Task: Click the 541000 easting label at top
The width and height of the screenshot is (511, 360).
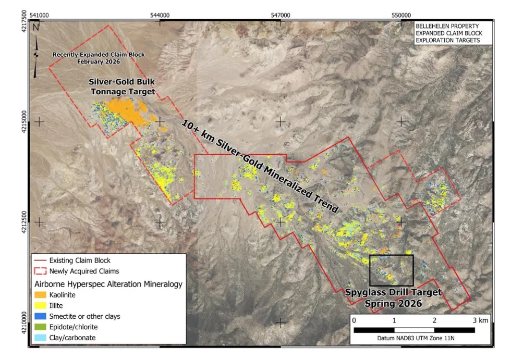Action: pos(40,15)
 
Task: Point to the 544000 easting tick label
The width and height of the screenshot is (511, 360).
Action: pos(160,15)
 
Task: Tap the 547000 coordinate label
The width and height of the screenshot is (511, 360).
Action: pos(280,15)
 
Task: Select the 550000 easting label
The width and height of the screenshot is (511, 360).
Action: pos(400,15)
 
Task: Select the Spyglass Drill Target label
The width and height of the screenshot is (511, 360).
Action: pos(393,297)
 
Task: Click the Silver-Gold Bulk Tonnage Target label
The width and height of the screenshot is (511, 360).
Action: pos(122,87)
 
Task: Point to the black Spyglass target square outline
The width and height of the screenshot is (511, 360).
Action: pos(391,256)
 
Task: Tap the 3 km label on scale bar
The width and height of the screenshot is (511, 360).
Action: pos(480,319)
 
